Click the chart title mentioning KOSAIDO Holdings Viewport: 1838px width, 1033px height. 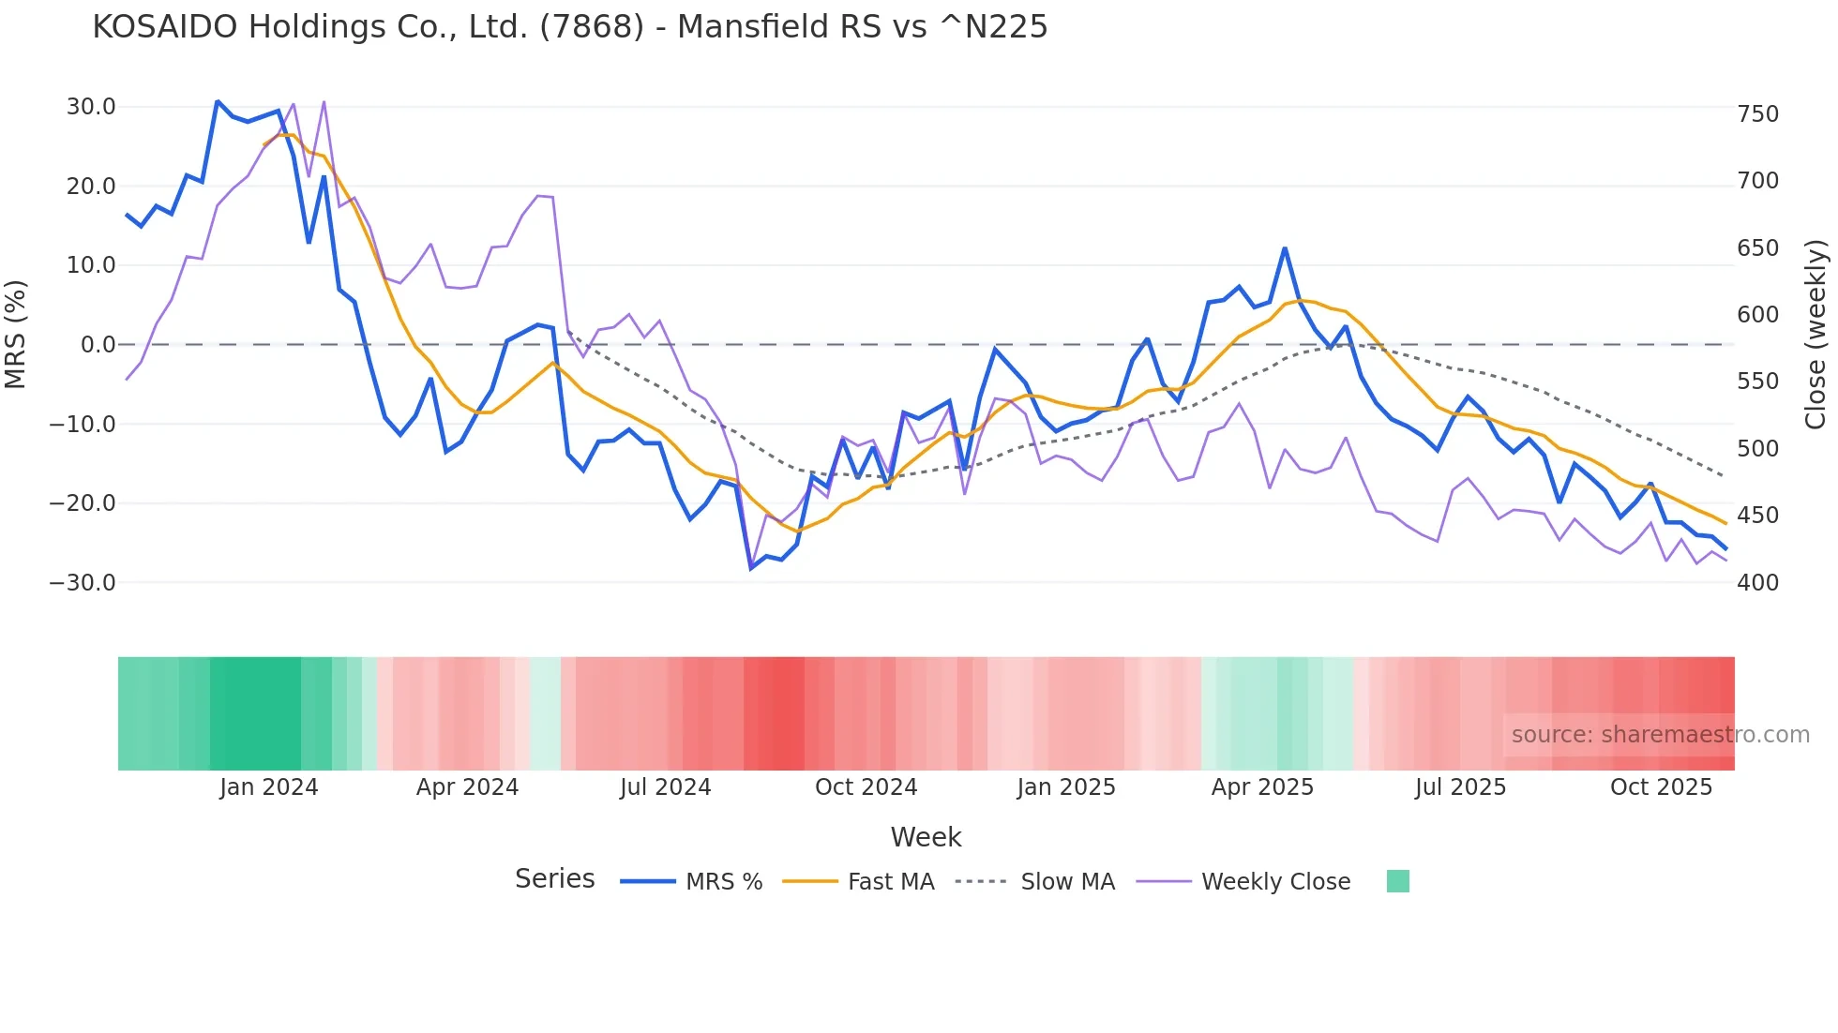click(569, 27)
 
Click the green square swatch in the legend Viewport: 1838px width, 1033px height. click(1397, 881)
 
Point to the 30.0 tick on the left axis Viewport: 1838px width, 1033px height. click(91, 107)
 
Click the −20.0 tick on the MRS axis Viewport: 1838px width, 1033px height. click(83, 503)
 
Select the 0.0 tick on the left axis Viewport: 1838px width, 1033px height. click(98, 345)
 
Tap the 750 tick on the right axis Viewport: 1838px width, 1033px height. click(1757, 114)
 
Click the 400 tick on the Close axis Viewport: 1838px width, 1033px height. click(1757, 583)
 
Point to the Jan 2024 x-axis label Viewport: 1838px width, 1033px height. click(269, 787)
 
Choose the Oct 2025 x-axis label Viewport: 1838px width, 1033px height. click(1661, 787)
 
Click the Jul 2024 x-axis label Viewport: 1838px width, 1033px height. click(665, 787)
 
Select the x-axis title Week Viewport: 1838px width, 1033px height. click(926, 837)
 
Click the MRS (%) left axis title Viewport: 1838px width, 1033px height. click(16, 334)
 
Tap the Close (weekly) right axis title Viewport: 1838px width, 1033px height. click(1815, 335)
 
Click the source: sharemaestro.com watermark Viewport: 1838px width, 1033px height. click(1660, 735)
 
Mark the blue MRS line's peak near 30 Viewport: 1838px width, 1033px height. click(217, 101)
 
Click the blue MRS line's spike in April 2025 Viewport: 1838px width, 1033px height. click(1285, 248)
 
